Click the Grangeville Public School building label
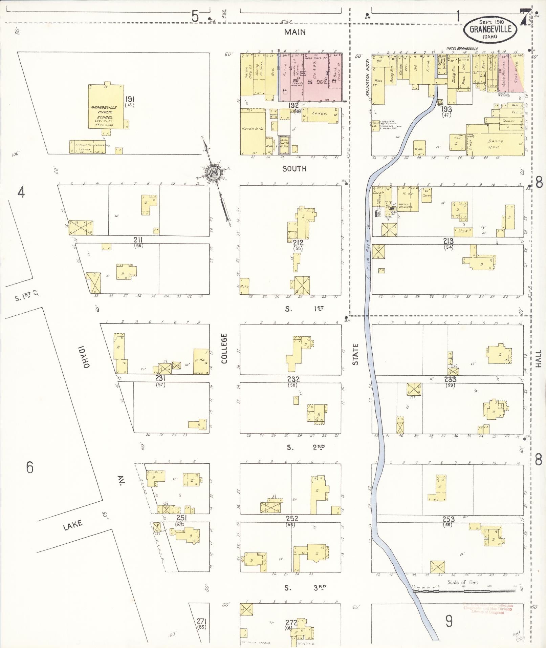coord(104,112)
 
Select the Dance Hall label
coord(496,144)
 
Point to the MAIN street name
coord(294,32)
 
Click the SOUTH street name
coord(294,169)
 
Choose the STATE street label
coord(355,354)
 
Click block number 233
coord(450,379)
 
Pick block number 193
coord(447,109)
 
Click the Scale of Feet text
coord(465,582)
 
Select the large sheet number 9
coord(449,621)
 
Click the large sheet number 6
coord(30,468)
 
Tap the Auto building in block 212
coord(244,287)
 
